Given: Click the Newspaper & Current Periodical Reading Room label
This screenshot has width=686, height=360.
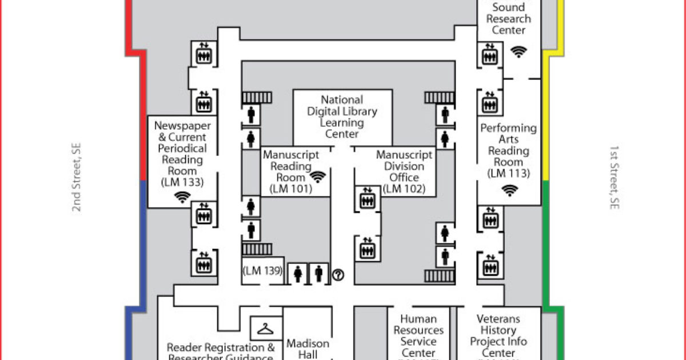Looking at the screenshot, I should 182,148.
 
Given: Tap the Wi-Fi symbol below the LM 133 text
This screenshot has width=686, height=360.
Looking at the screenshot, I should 182,198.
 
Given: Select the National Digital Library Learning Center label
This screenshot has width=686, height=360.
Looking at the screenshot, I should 342,117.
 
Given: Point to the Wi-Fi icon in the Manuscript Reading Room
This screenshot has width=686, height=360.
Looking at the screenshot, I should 318,177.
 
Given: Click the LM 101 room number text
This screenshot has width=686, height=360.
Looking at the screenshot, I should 291,189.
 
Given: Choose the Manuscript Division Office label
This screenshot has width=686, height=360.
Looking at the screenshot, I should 404,166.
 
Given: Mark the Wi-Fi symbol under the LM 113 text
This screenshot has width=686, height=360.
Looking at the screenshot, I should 508,190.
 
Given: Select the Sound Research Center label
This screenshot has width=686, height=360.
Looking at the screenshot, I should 508,18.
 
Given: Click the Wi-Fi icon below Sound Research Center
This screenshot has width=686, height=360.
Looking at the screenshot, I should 519,51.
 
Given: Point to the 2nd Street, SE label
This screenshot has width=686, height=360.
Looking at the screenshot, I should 77,178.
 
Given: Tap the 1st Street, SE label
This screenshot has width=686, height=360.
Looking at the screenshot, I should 613,178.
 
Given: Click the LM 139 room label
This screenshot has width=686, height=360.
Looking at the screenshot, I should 263,271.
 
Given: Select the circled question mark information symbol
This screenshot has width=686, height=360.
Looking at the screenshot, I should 338,275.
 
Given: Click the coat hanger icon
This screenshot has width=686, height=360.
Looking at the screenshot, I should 266,329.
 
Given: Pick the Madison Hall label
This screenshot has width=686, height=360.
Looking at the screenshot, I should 308,349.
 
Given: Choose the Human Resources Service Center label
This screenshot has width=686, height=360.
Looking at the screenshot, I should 418,336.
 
